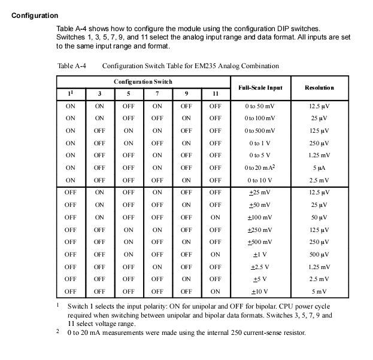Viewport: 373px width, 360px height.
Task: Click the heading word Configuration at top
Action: click(x=35, y=16)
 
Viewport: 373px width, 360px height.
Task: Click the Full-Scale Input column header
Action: click(x=260, y=87)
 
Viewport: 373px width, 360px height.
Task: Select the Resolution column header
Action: click(x=319, y=87)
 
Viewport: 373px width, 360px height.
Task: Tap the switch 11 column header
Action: click(x=216, y=94)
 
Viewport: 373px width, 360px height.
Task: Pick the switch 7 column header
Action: click(x=157, y=94)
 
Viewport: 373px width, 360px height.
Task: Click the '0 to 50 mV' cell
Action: click(x=260, y=106)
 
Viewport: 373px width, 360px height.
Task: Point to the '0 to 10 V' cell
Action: click(x=260, y=180)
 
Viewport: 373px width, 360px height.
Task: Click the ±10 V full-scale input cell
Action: click(x=260, y=291)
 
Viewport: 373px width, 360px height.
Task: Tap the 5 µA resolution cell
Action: click(x=319, y=167)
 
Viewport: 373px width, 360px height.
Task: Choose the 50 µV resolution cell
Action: click(x=319, y=217)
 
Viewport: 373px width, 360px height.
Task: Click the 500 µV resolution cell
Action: click(x=319, y=254)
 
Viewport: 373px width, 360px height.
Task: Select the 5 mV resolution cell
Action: click(x=319, y=291)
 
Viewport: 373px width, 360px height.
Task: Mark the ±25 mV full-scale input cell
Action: click(x=260, y=193)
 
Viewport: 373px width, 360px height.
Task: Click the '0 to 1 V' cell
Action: click(x=260, y=143)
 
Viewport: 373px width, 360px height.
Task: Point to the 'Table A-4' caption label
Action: click(x=71, y=66)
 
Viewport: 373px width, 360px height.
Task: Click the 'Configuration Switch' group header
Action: click(x=143, y=81)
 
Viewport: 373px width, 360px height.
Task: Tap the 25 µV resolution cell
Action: click(x=319, y=118)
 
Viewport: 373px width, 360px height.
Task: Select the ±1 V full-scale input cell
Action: click(x=260, y=254)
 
